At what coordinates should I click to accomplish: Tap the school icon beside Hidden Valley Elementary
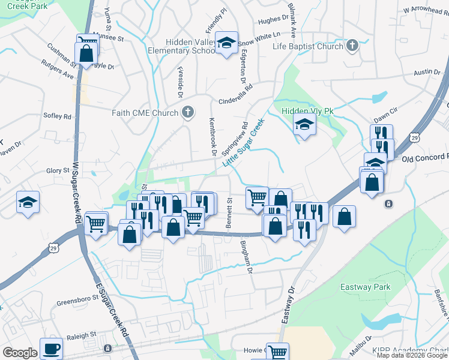coord(226,43)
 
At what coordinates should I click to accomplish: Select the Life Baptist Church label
coord(307,46)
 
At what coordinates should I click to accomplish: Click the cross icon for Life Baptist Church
coord(352,46)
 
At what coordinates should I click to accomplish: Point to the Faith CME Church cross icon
coord(188,112)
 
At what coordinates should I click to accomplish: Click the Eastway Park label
coord(365,287)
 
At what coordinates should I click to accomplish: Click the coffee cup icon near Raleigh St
coord(51,348)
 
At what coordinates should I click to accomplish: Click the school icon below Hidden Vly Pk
coord(304,125)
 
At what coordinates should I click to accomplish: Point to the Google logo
coord(20,353)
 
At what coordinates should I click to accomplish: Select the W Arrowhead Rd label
coord(426,10)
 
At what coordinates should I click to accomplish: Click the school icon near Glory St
coord(28,202)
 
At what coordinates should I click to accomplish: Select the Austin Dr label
coord(427,73)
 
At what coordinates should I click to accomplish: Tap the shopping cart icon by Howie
coord(277,352)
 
